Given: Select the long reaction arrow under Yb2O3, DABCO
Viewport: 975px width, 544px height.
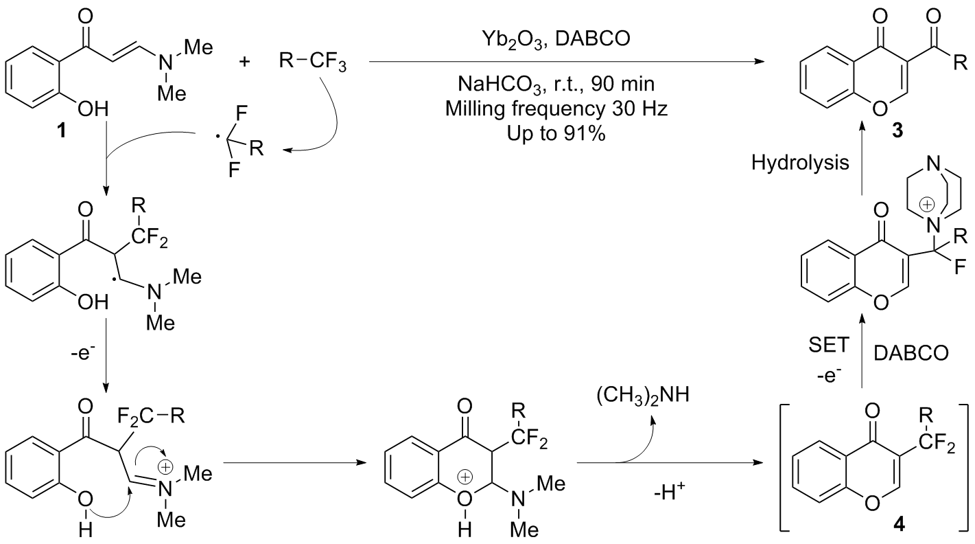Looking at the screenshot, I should (566, 63).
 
